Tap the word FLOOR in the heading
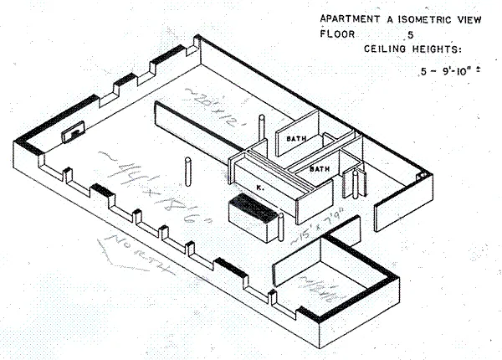click(x=336, y=34)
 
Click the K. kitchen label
click(x=261, y=188)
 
